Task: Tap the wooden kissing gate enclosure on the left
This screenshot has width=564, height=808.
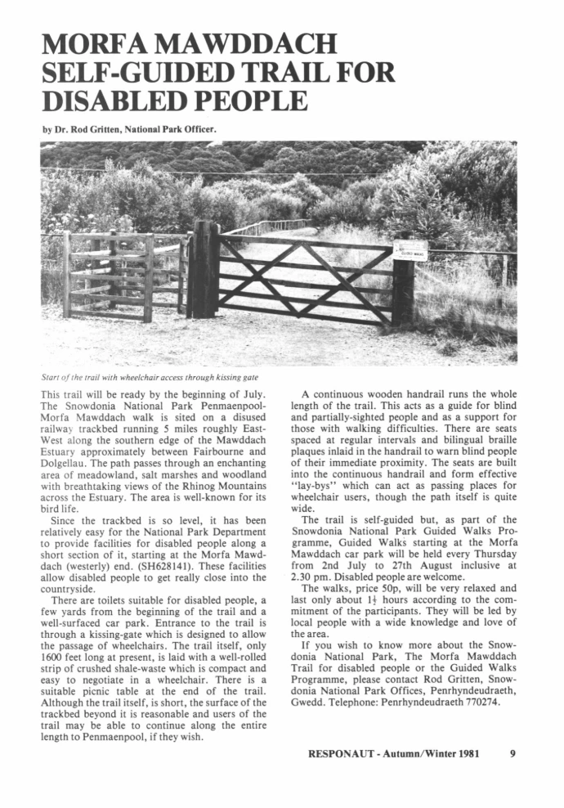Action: coord(123,274)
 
